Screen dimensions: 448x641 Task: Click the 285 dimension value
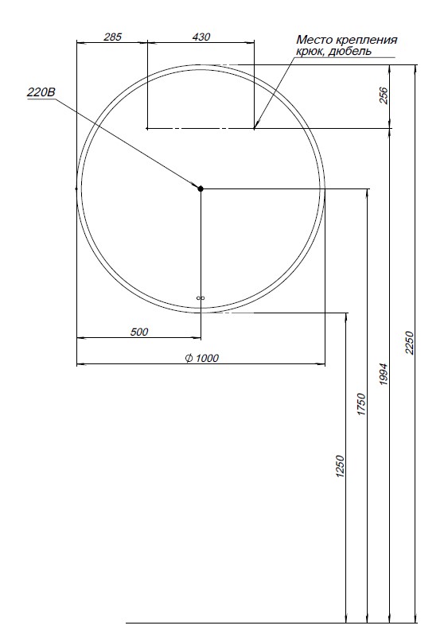point(112,37)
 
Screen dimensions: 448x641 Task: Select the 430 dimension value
point(201,37)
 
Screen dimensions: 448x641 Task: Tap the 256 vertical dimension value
point(384,95)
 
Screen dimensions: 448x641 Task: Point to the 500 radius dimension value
point(139,332)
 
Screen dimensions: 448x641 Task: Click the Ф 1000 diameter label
point(201,358)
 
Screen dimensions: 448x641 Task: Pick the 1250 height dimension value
point(340,466)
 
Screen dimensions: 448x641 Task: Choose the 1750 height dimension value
point(361,405)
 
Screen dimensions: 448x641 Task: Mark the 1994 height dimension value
point(384,375)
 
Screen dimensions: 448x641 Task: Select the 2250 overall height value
point(410,343)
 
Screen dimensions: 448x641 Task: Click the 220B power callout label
point(41,92)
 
